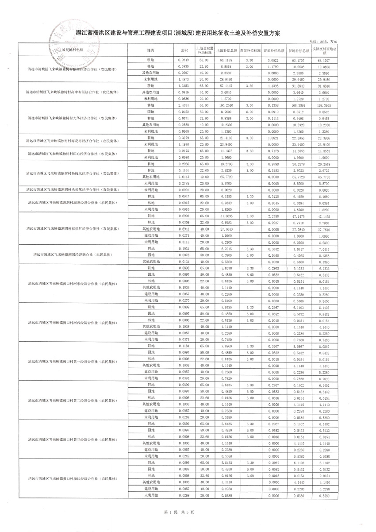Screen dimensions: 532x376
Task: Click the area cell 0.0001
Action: [x=184, y=189]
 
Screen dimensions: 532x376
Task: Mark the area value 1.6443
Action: [x=184, y=177]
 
